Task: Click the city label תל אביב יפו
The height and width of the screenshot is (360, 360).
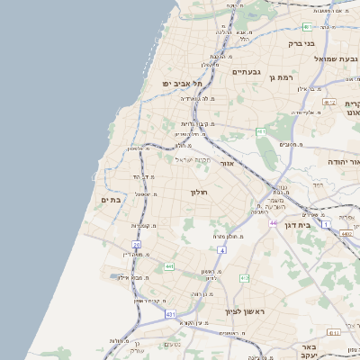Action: pos(180,83)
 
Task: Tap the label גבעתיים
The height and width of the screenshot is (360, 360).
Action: pos(246,72)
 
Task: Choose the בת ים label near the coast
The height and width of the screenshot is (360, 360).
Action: pos(111,200)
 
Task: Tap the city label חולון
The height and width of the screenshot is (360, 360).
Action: pos(199,193)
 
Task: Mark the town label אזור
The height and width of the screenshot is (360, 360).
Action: pos(227,164)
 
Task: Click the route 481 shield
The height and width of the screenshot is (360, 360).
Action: pos(260,132)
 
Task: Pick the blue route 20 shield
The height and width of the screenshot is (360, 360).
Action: pos(137,244)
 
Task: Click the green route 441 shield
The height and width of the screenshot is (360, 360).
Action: pos(169,266)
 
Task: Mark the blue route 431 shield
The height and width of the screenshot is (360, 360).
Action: pos(171,314)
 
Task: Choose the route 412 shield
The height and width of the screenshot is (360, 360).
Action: pos(244,278)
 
